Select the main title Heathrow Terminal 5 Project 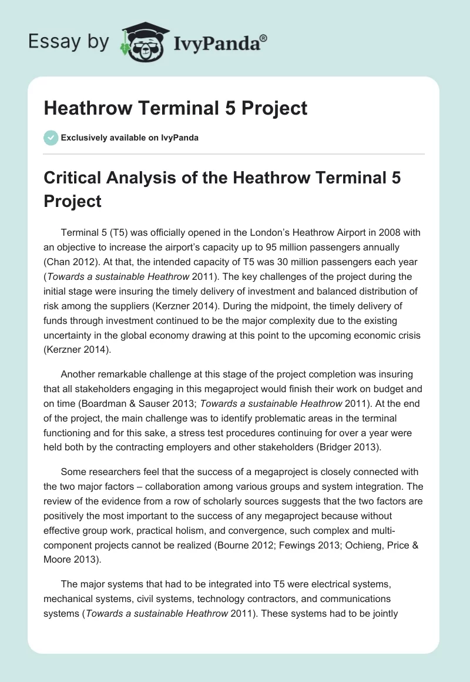(176, 108)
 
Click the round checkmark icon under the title (51, 138)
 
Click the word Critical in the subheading (76, 177)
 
